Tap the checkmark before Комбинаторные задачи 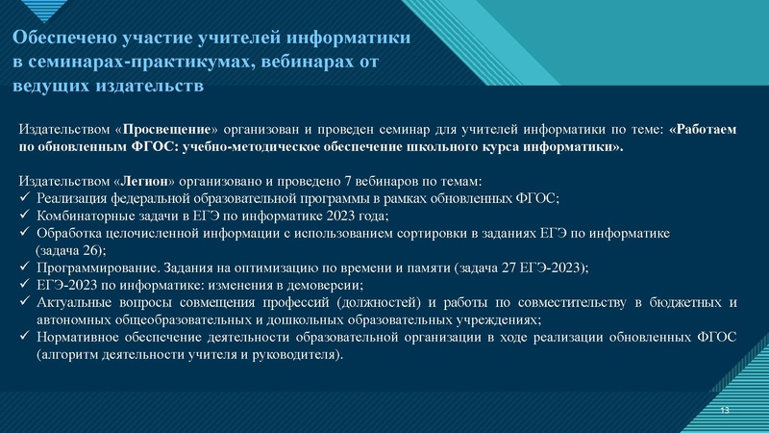[x=25, y=216]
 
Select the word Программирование [x=92, y=267]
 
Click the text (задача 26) [x=69, y=250]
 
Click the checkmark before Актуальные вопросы [x=25, y=303]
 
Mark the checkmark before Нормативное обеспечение [x=25, y=337]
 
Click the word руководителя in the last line [x=297, y=354]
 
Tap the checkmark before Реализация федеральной [x=25, y=199]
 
